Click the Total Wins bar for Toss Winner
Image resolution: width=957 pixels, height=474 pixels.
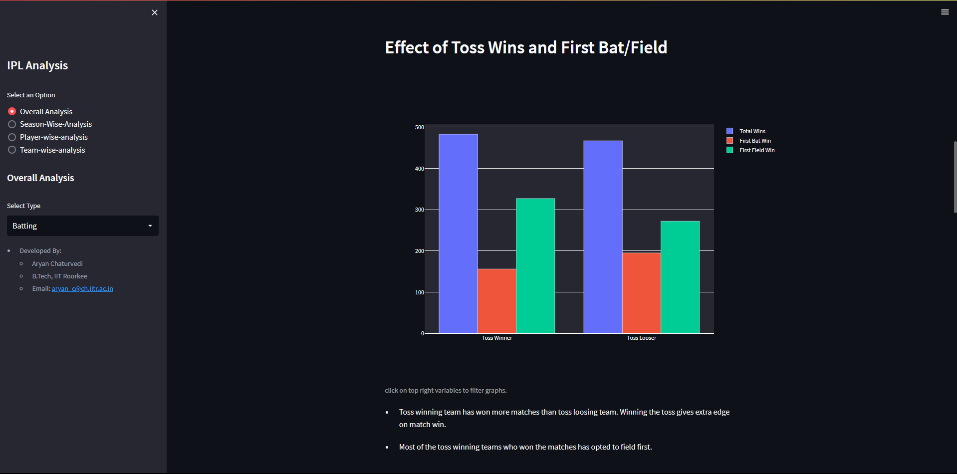coord(458,234)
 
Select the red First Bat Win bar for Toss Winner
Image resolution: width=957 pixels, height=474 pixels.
coord(497,301)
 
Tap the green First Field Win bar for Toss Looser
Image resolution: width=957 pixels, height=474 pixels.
coord(680,277)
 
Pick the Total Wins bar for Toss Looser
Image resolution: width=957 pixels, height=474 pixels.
coord(603,237)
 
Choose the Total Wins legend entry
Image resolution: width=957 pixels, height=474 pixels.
coord(746,131)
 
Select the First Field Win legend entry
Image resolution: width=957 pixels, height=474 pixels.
coord(751,150)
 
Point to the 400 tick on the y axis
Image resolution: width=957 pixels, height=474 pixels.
coord(419,169)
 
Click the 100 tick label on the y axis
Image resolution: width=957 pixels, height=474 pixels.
coord(419,292)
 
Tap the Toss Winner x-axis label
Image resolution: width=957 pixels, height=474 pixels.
coord(497,338)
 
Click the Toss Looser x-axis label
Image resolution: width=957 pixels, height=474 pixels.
coord(642,338)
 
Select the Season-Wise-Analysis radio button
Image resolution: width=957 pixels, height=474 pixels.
coord(12,124)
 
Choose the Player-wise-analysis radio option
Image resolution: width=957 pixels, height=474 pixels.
coord(12,137)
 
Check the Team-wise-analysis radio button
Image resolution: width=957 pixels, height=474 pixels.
coord(12,150)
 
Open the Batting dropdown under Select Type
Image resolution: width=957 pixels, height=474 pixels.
coord(83,226)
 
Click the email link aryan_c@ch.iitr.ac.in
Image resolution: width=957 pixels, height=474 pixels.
coord(82,288)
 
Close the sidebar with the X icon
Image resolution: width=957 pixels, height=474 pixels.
coord(155,12)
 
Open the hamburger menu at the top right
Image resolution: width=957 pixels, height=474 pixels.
coord(945,12)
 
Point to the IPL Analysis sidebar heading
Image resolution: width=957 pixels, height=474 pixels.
coord(37,65)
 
